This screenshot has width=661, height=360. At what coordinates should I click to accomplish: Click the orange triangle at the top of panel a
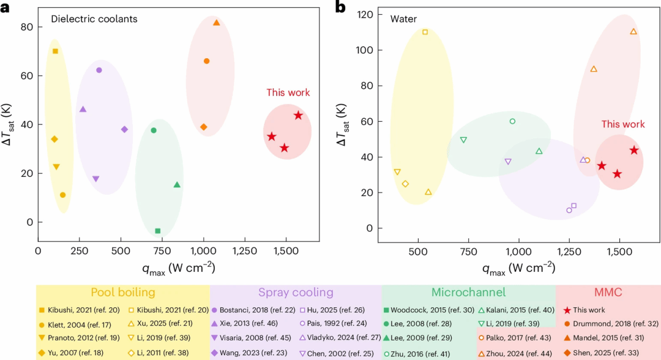(x=217, y=23)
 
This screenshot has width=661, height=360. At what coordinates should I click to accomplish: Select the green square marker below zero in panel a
(x=158, y=231)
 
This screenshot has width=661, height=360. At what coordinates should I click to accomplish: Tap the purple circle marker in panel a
(x=99, y=70)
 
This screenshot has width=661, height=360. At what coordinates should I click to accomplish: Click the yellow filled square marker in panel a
(x=55, y=51)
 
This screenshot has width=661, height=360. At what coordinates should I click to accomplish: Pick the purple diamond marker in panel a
(x=124, y=129)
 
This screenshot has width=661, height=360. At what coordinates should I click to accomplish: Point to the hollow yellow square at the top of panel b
(x=425, y=32)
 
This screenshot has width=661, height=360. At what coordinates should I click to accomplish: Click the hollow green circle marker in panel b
(x=513, y=121)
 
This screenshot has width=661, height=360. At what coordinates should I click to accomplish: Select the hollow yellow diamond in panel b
(x=405, y=184)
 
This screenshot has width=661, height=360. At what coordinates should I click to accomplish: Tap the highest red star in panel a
(x=299, y=116)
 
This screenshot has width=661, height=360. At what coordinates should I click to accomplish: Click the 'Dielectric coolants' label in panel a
(x=94, y=19)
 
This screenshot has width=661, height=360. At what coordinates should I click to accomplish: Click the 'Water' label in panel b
(x=403, y=19)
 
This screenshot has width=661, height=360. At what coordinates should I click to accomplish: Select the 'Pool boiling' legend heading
(x=123, y=292)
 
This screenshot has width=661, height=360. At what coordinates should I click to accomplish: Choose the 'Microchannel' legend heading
(x=468, y=292)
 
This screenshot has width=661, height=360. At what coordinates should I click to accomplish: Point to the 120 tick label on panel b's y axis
(x=365, y=15)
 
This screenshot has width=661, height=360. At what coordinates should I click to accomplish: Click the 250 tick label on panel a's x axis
(x=79, y=251)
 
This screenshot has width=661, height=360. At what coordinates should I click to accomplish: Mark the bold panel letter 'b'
(x=340, y=7)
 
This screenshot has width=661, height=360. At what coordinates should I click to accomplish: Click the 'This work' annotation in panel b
(x=622, y=124)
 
